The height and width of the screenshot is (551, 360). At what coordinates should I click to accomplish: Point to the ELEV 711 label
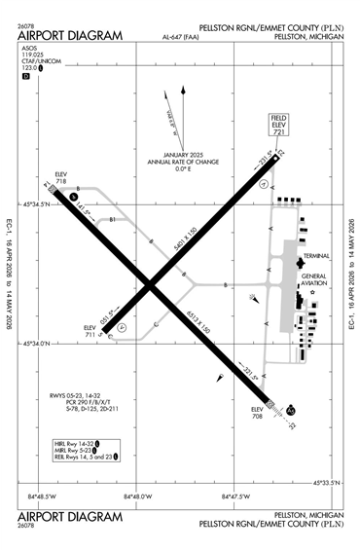[x=90, y=331]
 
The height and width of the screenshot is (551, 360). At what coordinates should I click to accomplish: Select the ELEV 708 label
[x=258, y=412]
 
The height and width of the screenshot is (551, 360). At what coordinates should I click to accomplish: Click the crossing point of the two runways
[x=150, y=283]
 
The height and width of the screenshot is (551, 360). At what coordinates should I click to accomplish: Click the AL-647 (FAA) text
[x=181, y=38]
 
